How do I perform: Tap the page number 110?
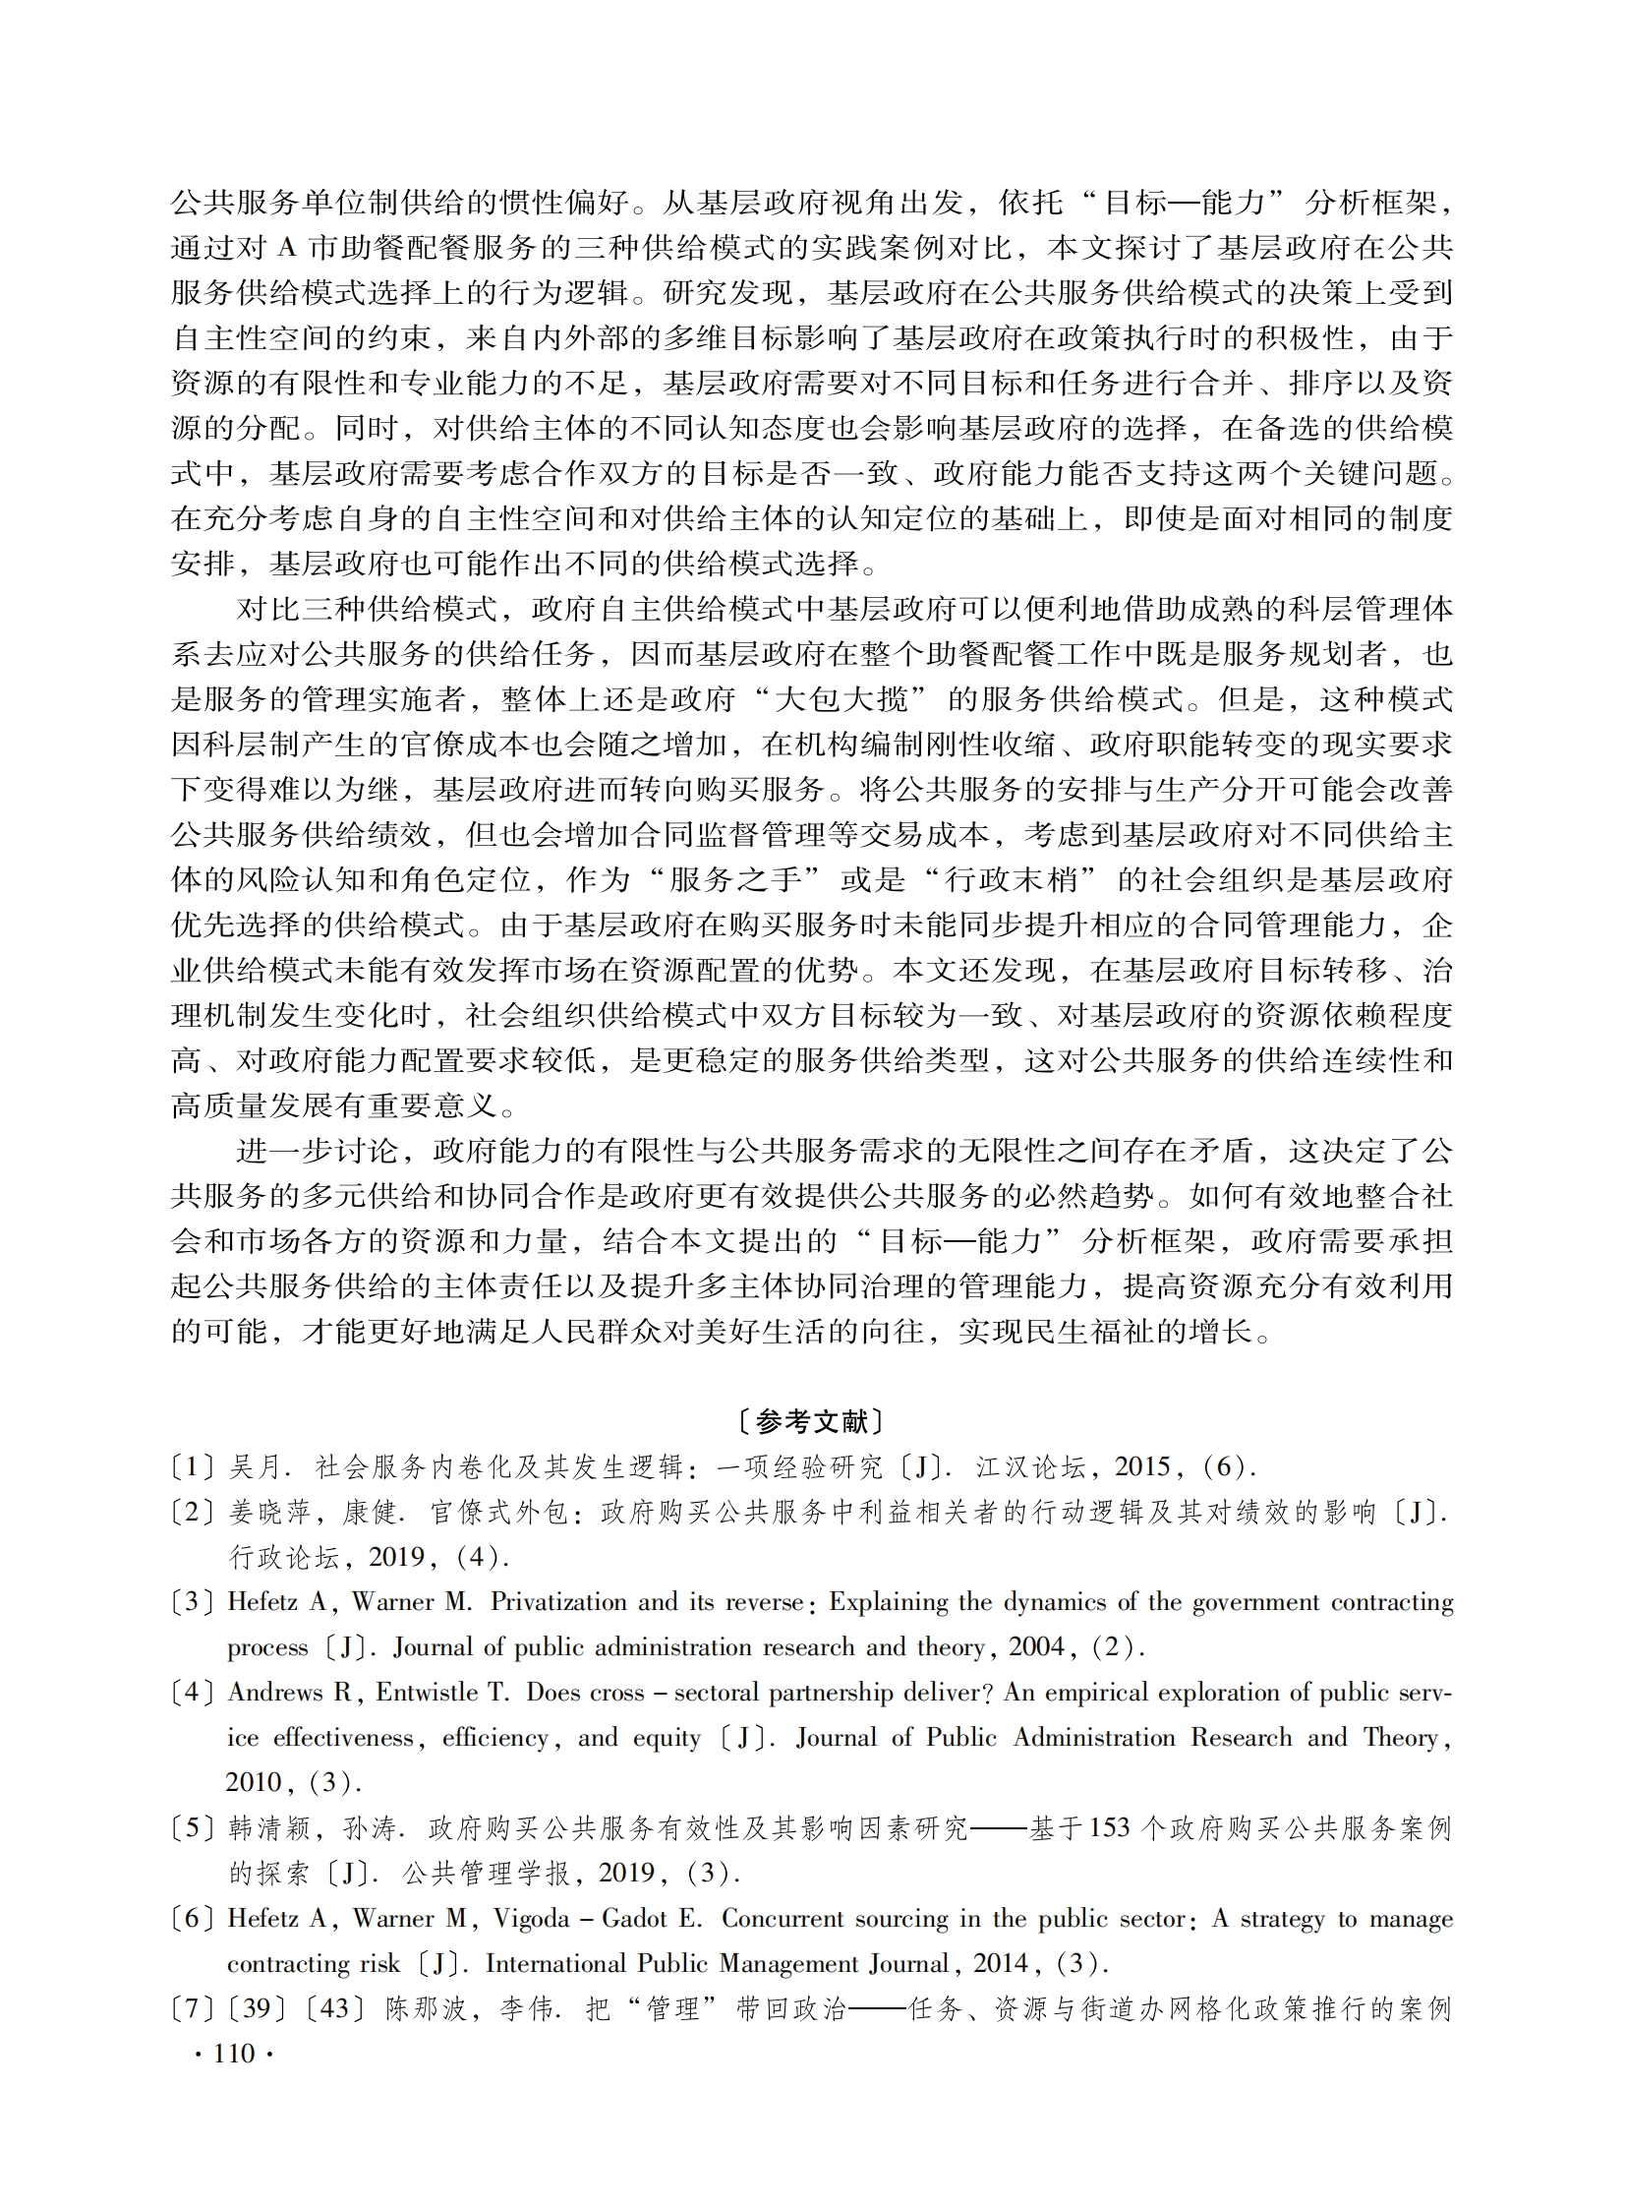pos(233,2053)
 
